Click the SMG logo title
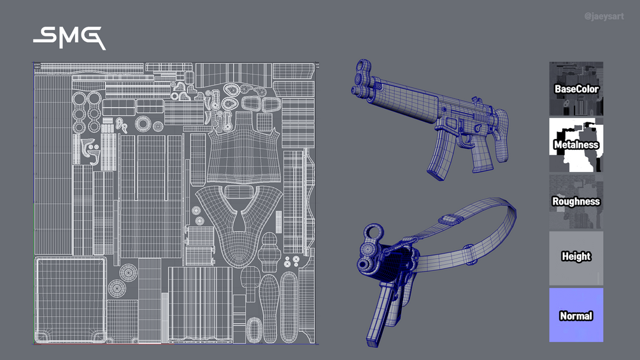[x=69, y=38]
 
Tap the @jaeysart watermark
[x=604, y=17]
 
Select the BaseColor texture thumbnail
[x=576, y=89]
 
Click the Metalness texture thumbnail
[x=576, y=145]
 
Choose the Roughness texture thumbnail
[x=576, y=201]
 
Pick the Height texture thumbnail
[x=576, y=258]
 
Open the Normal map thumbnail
[x=576, y=315]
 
